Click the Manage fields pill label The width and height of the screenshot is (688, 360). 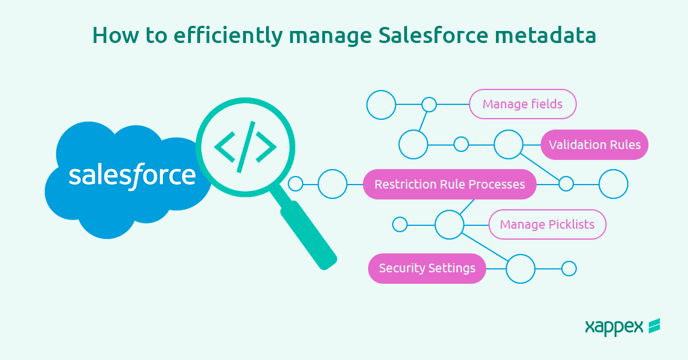(x=522, y=104)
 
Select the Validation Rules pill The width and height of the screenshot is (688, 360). (x=595, y=144)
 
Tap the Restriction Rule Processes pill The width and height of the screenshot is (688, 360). (x=449, y=185)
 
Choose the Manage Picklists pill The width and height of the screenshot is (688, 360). (x=547, y=224)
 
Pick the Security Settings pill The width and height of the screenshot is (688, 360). (x=427, y=268)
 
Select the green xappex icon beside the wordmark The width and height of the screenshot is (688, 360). (x=654, y=326)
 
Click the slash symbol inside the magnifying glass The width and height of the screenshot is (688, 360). (x=245, y=148)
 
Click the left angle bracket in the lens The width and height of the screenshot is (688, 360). (x=224, y=148)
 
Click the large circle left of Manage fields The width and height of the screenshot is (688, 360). (x=381, y=105)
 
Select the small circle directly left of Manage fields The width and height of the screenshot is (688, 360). (x=429, y=105)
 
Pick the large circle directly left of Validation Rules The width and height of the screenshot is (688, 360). (x=509, y=144)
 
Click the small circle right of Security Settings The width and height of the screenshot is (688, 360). (x=569, y=268)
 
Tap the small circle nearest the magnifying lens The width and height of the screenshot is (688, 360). (x=295, y=184)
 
